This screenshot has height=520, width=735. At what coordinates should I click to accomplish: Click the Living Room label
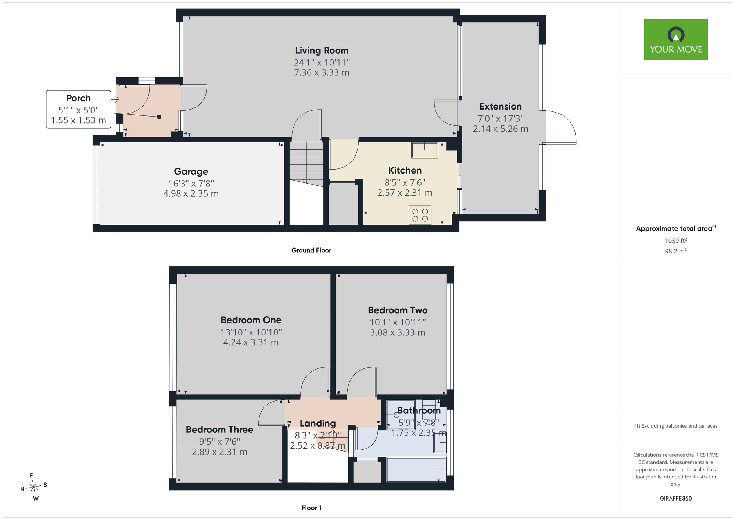pos(322,50)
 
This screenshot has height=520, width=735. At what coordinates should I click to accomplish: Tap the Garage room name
pos(191,171)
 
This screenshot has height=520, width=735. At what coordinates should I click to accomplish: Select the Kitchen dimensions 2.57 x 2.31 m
pos(405,193)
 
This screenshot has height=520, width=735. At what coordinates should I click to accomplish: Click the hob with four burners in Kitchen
pos(420,215)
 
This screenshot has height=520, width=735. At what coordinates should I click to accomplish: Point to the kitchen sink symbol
pos(424,150)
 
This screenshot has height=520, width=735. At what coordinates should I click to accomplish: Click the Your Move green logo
pos(675,40)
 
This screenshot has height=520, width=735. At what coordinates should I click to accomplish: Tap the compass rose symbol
pos(34,487)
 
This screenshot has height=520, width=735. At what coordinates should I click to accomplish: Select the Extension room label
pos(501,107)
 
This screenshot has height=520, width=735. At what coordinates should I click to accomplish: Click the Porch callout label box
pos(78,109)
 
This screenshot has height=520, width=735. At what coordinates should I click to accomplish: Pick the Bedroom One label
pos(251,320)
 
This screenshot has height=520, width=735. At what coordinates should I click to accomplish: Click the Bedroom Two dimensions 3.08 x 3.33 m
pos(397,332)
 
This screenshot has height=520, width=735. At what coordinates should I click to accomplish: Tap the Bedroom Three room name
pos(219,430)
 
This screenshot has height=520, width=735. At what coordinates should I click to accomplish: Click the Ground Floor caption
pos(311,250)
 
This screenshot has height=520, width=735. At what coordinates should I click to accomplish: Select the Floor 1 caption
pos(311,508)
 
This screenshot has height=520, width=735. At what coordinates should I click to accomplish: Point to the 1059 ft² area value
pos(676,241)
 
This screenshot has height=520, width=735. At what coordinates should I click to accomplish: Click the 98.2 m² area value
pos(676,251)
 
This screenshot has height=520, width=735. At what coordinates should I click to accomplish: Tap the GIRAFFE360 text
pos(676,499)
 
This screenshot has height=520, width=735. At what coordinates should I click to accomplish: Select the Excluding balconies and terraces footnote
pos(676,426)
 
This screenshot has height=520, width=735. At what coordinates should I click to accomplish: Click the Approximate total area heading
pos(676,228)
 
